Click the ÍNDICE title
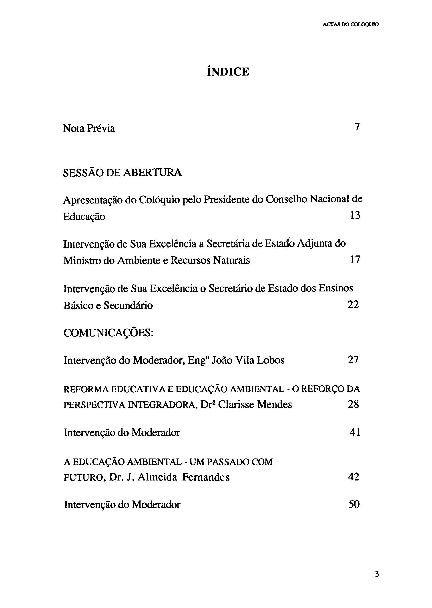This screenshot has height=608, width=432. tap(228, 72)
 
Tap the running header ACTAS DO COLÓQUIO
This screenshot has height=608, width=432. tap(351, 24)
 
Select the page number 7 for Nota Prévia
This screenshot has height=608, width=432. tap(357, 127)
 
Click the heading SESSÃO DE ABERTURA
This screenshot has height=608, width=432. tap(122, 173)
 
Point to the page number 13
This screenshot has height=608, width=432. tap(355, 215)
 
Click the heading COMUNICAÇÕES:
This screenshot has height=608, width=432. tap(109, 333)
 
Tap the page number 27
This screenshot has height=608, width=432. tap(353, 360)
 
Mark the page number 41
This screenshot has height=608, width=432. tap(355, 432)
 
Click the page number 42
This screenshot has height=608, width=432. tap(354, 477)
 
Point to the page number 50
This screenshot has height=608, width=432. tap(354, 504)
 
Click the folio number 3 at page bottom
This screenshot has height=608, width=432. tap(377, 574)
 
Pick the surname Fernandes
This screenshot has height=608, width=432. tap(206, 477)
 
